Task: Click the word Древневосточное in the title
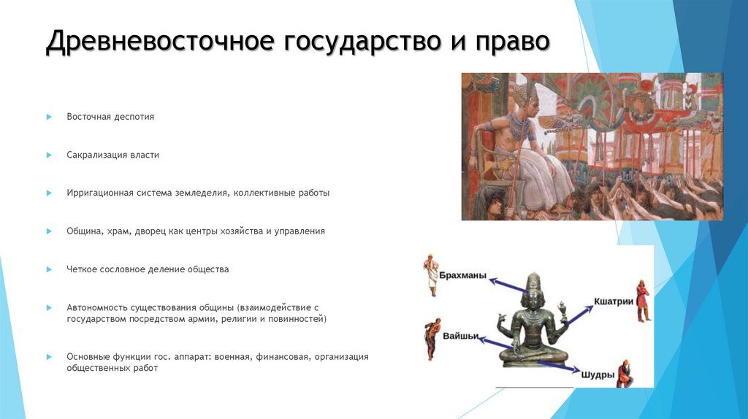(x=154, y=42)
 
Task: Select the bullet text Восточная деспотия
(x=110, y=117)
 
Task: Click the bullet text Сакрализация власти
(x=112, y=155)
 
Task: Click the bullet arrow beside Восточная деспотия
(x=49, y=117)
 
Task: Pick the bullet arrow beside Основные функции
(x=49, y=357)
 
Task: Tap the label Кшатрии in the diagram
(x=613, y=301)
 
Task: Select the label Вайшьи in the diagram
(x=461, y=336)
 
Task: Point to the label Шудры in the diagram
(x=598, y=374)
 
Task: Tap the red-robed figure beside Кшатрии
(x=642, y=300)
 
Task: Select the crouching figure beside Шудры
(x=625, y=373)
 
